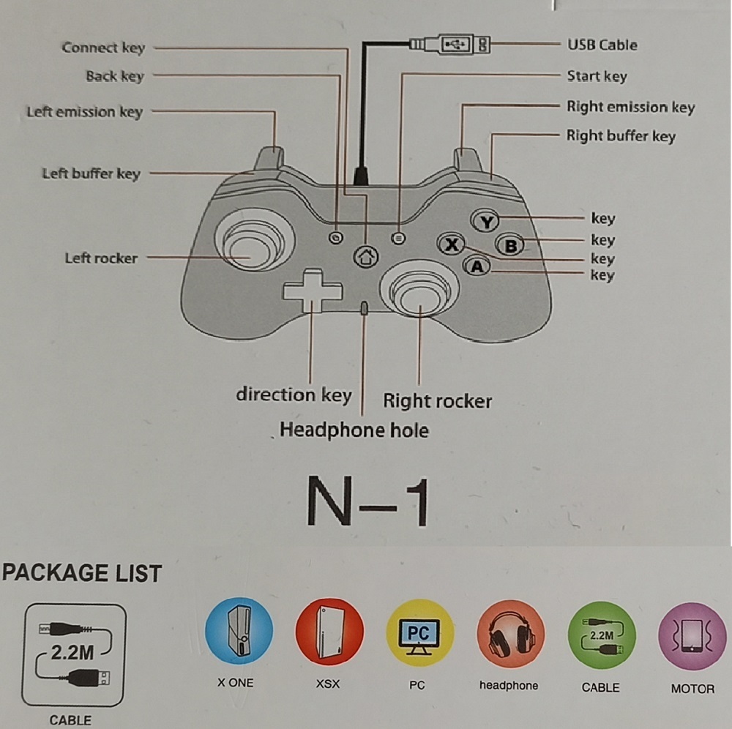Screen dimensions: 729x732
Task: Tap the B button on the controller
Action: (x=510, y=244)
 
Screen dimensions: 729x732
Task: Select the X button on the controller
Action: (x=451, y=244)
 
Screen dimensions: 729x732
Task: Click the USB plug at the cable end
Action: (x=454, y=45)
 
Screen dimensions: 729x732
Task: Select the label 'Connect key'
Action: (x=103, y=48)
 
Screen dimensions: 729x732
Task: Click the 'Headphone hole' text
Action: (x=354, y=430)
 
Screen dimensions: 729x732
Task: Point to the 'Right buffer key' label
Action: (x=621, y=136)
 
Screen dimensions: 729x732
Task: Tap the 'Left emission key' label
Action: (x=85, y=112)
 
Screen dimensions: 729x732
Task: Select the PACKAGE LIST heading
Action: (x=81, y=573)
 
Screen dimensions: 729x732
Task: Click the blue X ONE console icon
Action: (x=239, y=632)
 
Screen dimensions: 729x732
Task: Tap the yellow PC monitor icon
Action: (x=419, y=633)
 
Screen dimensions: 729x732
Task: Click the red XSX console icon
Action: (x=329, y=632)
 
